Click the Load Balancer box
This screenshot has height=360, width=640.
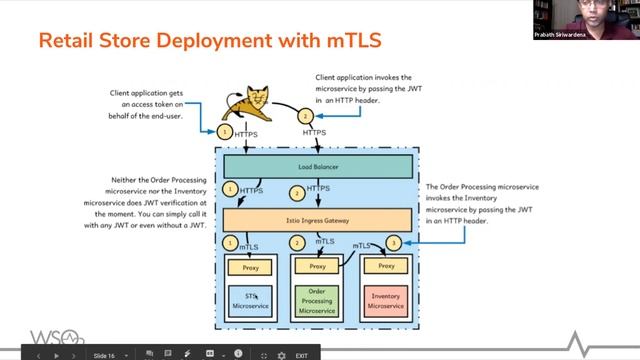(316, 165)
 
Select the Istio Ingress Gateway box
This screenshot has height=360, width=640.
(316, 218)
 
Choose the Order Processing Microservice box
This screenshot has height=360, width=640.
(316, 300)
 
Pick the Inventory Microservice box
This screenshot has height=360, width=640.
(386, 300)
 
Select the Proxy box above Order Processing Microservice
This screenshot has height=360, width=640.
(316, 267)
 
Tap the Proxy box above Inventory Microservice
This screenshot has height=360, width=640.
(386, 266)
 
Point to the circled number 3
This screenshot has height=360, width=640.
(394, 242)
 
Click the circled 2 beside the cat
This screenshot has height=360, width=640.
(306, 115)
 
